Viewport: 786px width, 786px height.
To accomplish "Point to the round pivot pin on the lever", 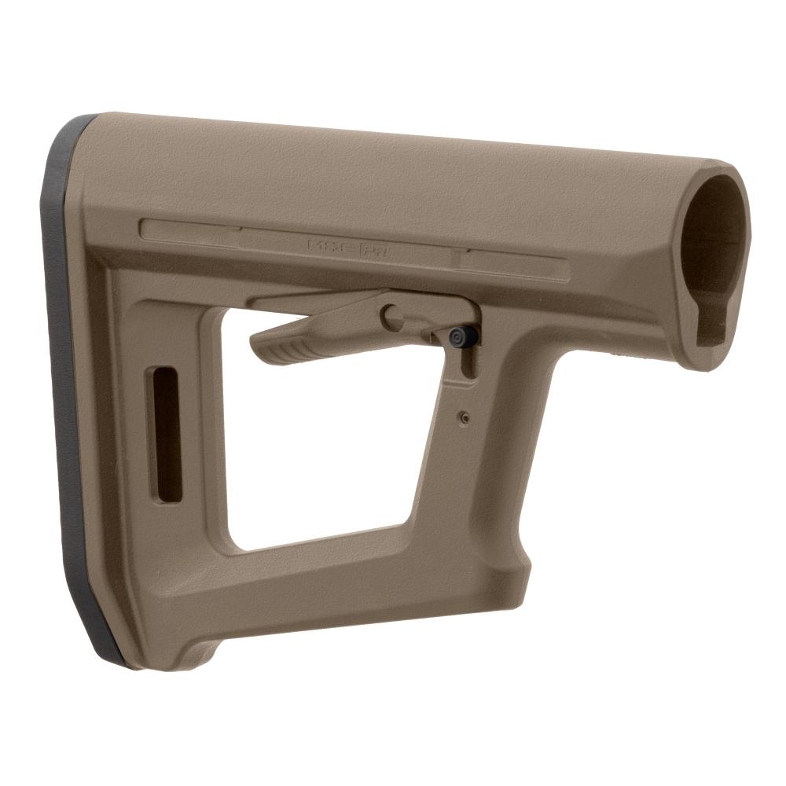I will click(x=392, y=318).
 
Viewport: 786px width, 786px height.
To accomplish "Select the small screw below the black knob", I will click(x=465, y=417).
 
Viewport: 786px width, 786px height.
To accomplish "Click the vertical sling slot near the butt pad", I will click(x=168, y=433).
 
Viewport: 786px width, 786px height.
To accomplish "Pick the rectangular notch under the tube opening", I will click(x=712, y=321).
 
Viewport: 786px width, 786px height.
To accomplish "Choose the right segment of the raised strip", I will click(x=515, y=265).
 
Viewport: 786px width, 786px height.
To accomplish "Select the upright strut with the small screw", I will click(x=472, y=456).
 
